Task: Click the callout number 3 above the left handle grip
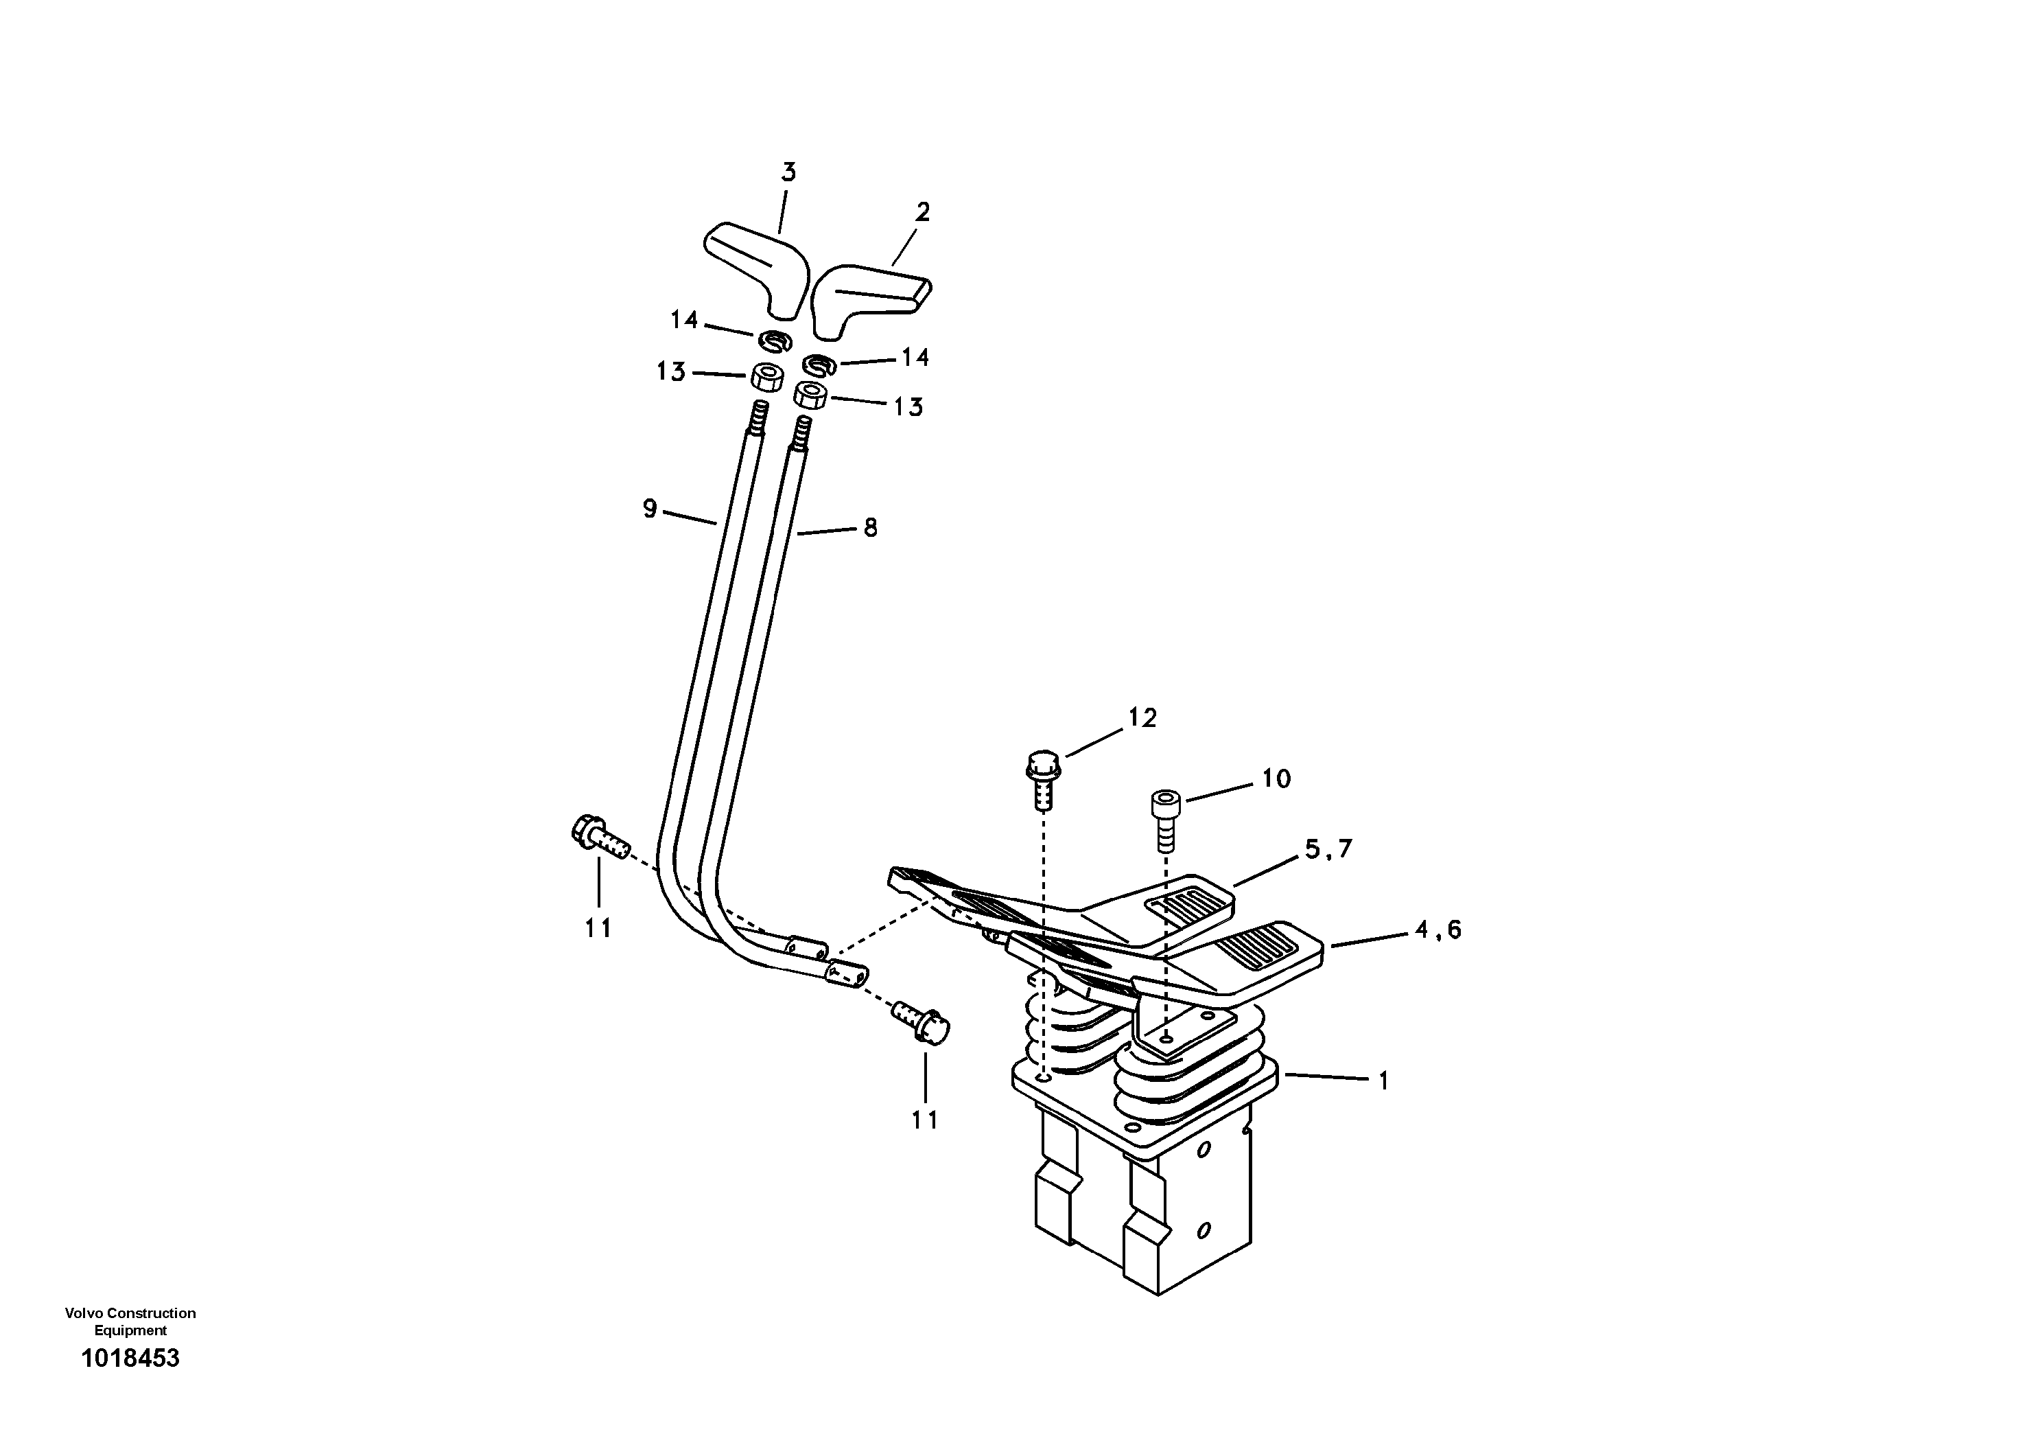[x=788, y=172]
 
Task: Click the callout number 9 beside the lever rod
[x=649, y=509]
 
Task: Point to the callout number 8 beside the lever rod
[x=870, y=529]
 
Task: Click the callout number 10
[x=1276, y=779]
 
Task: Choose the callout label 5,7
[x=1328, y=850]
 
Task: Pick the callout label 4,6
[x=1438, y=930]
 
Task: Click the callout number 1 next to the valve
[x=1383, y=1081]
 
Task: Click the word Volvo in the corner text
[x=80, y=1313]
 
